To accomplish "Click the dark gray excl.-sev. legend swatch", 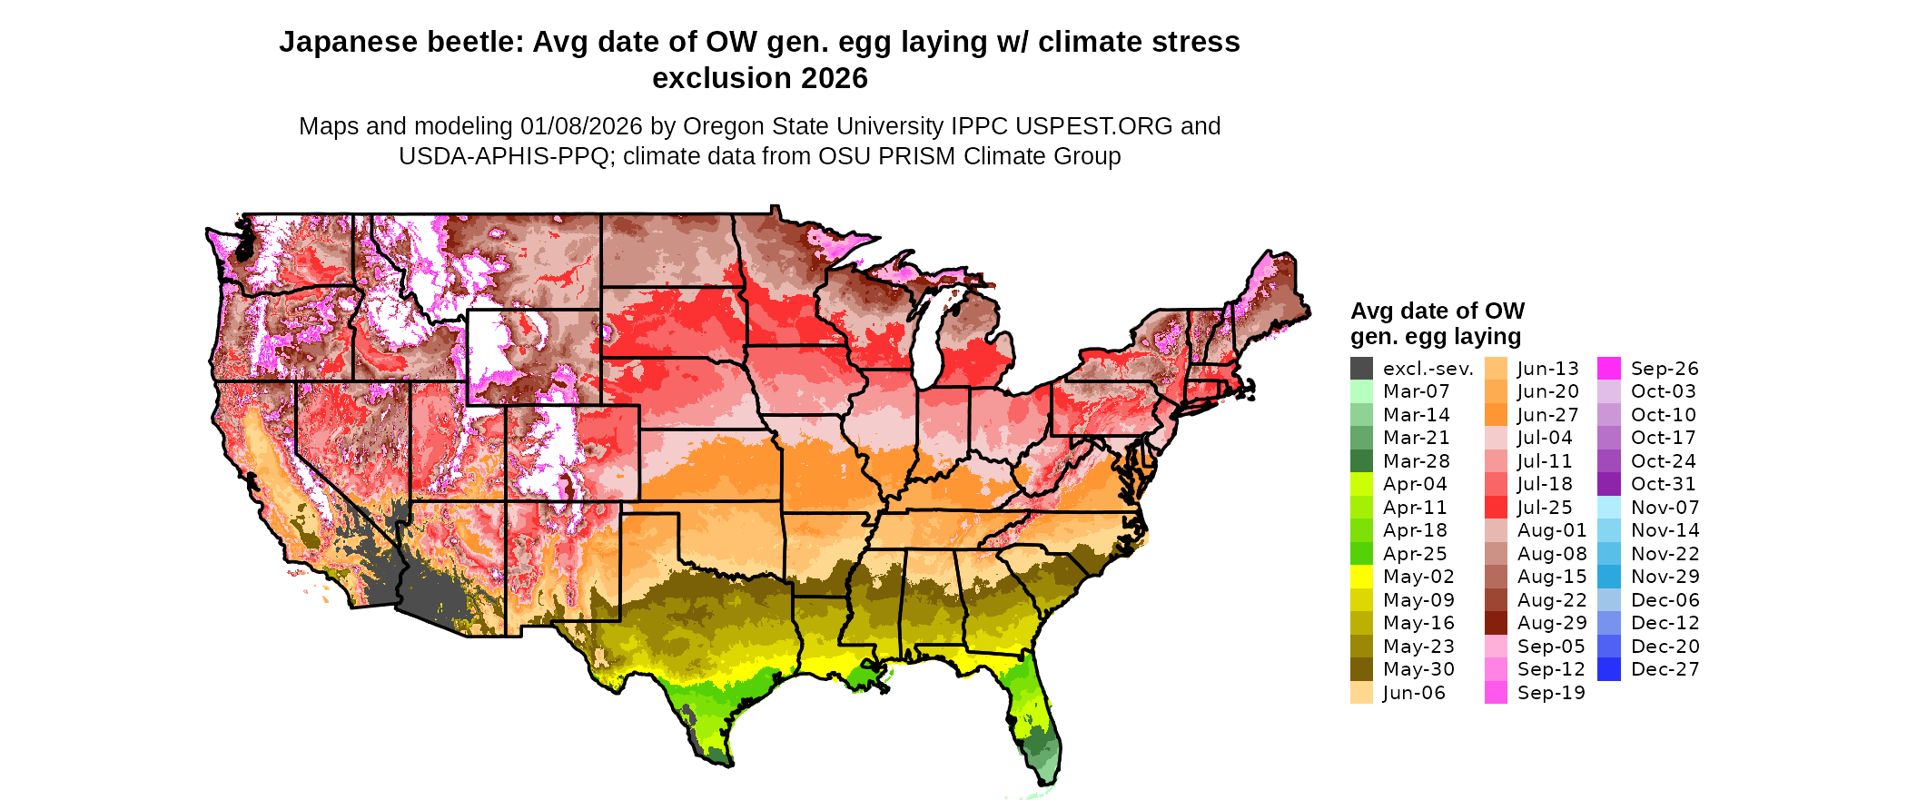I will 1361,369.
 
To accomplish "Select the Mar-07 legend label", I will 1416,391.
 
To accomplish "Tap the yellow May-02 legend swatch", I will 1361,577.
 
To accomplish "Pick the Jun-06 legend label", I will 1414,693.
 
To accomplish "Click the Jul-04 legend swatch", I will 1496,438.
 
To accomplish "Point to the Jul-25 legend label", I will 1545,508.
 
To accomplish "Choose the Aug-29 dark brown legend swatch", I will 1496,623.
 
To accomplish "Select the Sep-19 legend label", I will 1551,693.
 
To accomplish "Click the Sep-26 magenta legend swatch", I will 1608,369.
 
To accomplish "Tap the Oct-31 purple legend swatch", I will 1608,484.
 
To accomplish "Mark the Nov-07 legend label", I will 1665,508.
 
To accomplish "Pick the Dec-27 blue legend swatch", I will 1608,669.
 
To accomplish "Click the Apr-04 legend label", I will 1415,484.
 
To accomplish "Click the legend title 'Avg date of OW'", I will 1437,311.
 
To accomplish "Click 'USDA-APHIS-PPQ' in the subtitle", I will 504,156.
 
